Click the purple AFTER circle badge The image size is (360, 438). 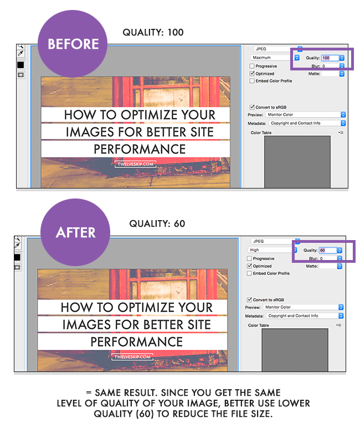tap(76, 232)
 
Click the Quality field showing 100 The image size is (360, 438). tap(330, 58)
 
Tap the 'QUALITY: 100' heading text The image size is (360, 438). tap(153, 33)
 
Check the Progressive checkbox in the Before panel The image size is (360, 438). tap(253, 66)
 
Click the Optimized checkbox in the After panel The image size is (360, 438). tap(250, 266)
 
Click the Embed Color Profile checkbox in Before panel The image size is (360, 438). tap(253, 81)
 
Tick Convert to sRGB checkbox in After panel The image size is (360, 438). tap(250, 299)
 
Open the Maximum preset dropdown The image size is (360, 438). tap(275, 58)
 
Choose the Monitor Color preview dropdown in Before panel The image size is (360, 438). tap(306, 115)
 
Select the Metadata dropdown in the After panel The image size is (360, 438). tap(304, 315)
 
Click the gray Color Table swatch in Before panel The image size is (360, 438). tap(297, 161)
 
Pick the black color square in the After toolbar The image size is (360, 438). tap(18, 257)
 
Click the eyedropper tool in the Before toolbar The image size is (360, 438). tap(20, 54)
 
